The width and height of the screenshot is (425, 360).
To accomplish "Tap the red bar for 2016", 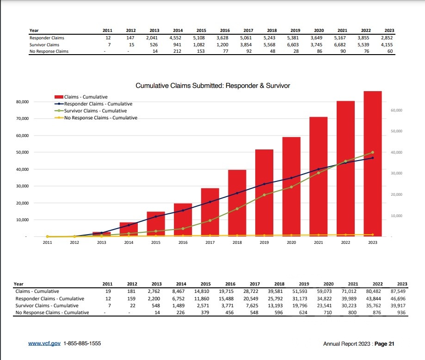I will point(183,220).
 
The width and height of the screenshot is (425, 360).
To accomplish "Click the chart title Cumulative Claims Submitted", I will point(213,86).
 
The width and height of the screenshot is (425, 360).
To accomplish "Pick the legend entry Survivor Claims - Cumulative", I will point(95,111).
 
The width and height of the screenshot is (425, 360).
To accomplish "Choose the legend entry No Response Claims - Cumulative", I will point(100,118).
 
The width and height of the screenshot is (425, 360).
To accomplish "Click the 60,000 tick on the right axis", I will point(396,110).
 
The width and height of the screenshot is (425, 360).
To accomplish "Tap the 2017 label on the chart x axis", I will point(210,242).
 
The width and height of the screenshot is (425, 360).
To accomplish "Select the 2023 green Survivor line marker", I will point(373,152).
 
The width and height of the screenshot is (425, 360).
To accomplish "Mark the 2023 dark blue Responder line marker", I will point(373,158).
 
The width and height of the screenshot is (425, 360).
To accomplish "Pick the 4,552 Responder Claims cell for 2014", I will point(177,37).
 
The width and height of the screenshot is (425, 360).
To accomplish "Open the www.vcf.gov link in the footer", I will point(44,344).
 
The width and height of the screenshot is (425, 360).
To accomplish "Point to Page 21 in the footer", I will point(384,344).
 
